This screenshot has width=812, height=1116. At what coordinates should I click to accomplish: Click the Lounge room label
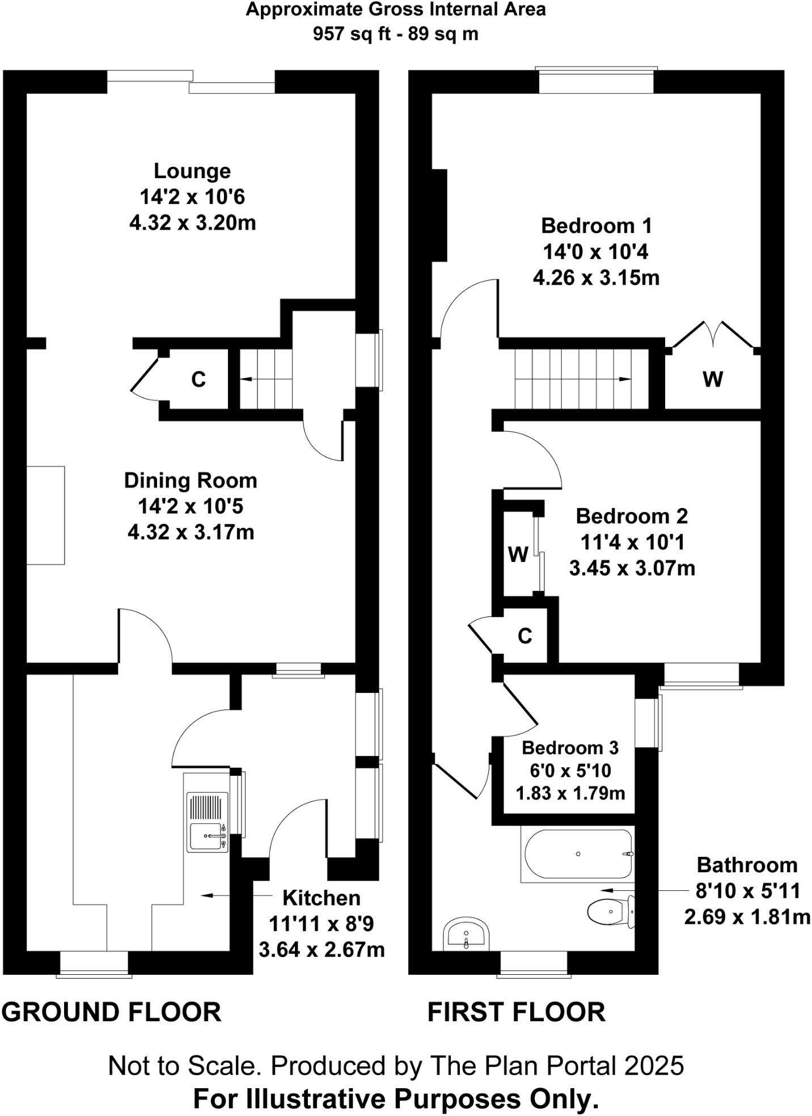coord(192,171)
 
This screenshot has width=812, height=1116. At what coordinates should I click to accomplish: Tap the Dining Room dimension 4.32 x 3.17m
coord(191,532)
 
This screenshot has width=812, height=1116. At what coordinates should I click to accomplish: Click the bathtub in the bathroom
coord(577,854)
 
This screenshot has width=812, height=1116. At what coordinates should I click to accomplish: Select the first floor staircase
coord(573,379)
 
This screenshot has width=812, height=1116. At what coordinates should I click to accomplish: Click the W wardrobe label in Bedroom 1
coord(713,379)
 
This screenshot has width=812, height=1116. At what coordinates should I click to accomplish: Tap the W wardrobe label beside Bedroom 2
coord(518,554)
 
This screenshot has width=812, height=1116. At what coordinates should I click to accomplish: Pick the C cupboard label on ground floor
coord(198,379)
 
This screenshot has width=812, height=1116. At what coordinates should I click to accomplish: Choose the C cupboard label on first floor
coord(525,636)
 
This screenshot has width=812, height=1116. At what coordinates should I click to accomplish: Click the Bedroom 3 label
coord(570,747)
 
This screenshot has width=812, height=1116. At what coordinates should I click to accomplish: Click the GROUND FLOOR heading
coord(111,1012)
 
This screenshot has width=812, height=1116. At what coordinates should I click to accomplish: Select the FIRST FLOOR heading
coord(516,1012)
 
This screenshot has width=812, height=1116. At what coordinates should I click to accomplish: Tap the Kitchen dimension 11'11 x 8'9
coord(321,924)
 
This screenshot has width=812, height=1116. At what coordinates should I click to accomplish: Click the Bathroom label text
coord(747,865)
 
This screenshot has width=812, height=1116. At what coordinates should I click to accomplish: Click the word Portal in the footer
coord(582,1066)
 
